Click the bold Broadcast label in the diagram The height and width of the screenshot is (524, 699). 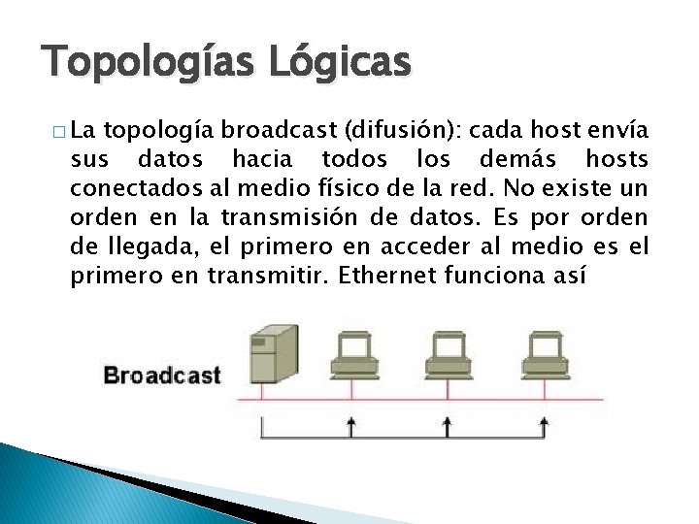click(162, 376)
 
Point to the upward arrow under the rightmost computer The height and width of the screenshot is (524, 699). click(543, 426)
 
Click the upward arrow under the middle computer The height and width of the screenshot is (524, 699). click(447, 426)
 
